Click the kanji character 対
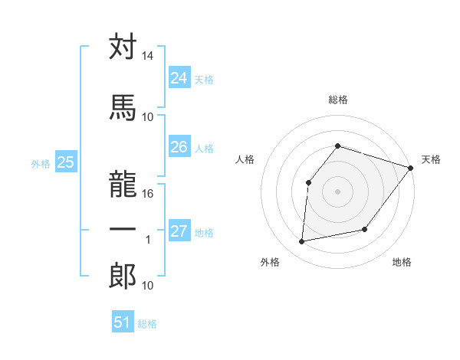123,47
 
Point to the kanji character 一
123,228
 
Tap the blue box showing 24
179,77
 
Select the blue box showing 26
179,147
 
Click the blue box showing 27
179,231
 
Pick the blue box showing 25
65,162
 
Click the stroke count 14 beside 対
148,57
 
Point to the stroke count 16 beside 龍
148,193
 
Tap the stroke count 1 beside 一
148,240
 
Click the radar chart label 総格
337,100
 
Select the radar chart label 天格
431,159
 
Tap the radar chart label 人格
245,159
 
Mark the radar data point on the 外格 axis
302,242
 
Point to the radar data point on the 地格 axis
365,230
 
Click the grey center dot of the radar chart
337,191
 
